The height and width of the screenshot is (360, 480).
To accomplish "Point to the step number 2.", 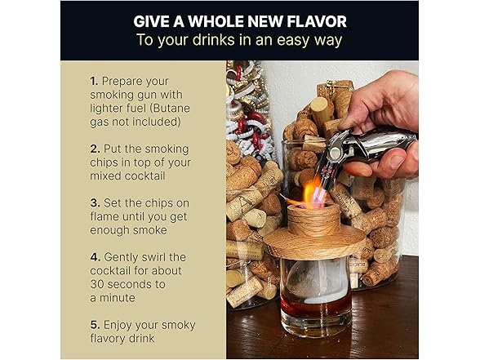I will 95,148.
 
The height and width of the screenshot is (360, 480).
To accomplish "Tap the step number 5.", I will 95,323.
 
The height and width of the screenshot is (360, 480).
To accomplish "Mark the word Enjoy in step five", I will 121,323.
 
